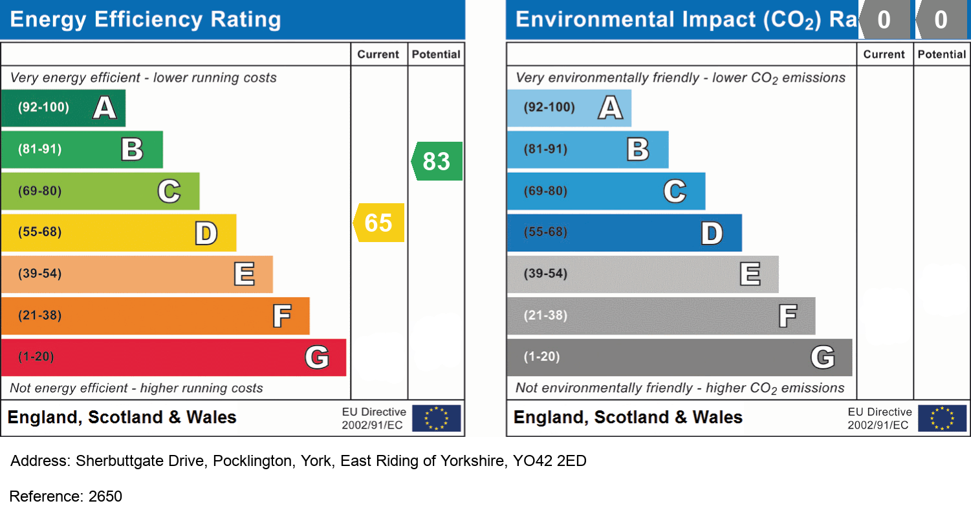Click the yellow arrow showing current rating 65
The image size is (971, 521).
pyautogui.click(x=379, y=223)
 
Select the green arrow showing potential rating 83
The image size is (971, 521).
pyautogui.click(x=437, y=161)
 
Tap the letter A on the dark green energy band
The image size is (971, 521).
pyautogui.click(x=105, y=107)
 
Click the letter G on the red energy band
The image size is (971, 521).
pyautogui.click(x=317, y=357)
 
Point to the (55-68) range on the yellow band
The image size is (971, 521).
pyautogui.click(x=39, y=232)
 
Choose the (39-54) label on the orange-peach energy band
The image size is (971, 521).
pyautogui.click(x=39, y=274)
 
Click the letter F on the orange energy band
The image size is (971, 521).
pyautogui.click(x=281, y=316)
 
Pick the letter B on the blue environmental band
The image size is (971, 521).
pyautogui.click(x=638, y=150)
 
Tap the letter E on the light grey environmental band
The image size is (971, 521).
pyautogui.click(x=750, y=274)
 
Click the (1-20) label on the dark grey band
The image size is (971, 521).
pyautogui.click(x=541, y=357)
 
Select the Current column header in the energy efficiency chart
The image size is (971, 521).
pyautogui.click(x=378, y=54)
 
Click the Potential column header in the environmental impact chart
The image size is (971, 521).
pyautogui.click(x=941, y=54)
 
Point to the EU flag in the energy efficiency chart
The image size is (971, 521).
pyautogui.click(x=437, y=418)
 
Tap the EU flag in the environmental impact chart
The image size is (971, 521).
pyautogui.click(x=943, y=418)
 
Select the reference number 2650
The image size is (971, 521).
pyautogui.click(x=105, y=496)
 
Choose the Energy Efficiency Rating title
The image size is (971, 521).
pyautogui.click(x=146, y=20)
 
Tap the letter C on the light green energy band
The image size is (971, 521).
pyautogui.click(x=169, y=191)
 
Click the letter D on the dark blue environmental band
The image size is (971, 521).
pyautogui.click(x=712, y=233)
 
